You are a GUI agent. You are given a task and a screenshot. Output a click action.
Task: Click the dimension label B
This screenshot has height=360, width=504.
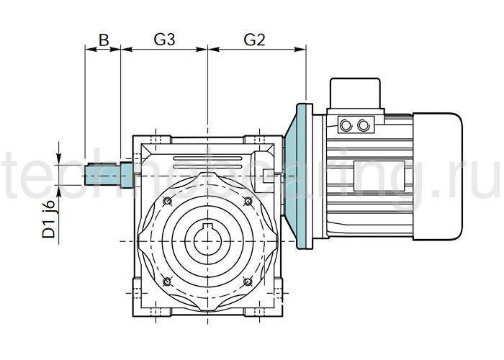coord(103,40)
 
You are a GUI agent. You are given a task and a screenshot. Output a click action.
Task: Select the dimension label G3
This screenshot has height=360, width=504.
coord(165,40)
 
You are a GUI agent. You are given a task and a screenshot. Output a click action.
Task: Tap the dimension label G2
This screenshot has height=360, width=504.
coord(254,40)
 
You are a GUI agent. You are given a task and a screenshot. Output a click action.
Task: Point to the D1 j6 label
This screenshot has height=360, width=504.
coord(49,220)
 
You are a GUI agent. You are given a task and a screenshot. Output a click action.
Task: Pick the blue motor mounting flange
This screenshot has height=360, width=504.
coord(300,176)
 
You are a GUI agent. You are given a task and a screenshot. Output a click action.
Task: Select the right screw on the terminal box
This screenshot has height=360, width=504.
coord(363,125)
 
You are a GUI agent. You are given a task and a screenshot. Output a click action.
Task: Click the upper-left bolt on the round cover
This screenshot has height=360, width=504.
coord(167,200)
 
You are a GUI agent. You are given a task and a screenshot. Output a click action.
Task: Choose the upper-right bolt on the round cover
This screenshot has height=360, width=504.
coord(248,200)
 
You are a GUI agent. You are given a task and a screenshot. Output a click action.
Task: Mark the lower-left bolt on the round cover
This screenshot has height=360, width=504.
coord(167,280)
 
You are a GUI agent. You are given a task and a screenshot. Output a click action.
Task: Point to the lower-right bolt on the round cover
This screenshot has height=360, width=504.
coord(248,280)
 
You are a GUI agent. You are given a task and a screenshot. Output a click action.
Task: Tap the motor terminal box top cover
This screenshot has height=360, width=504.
coord(354,93)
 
